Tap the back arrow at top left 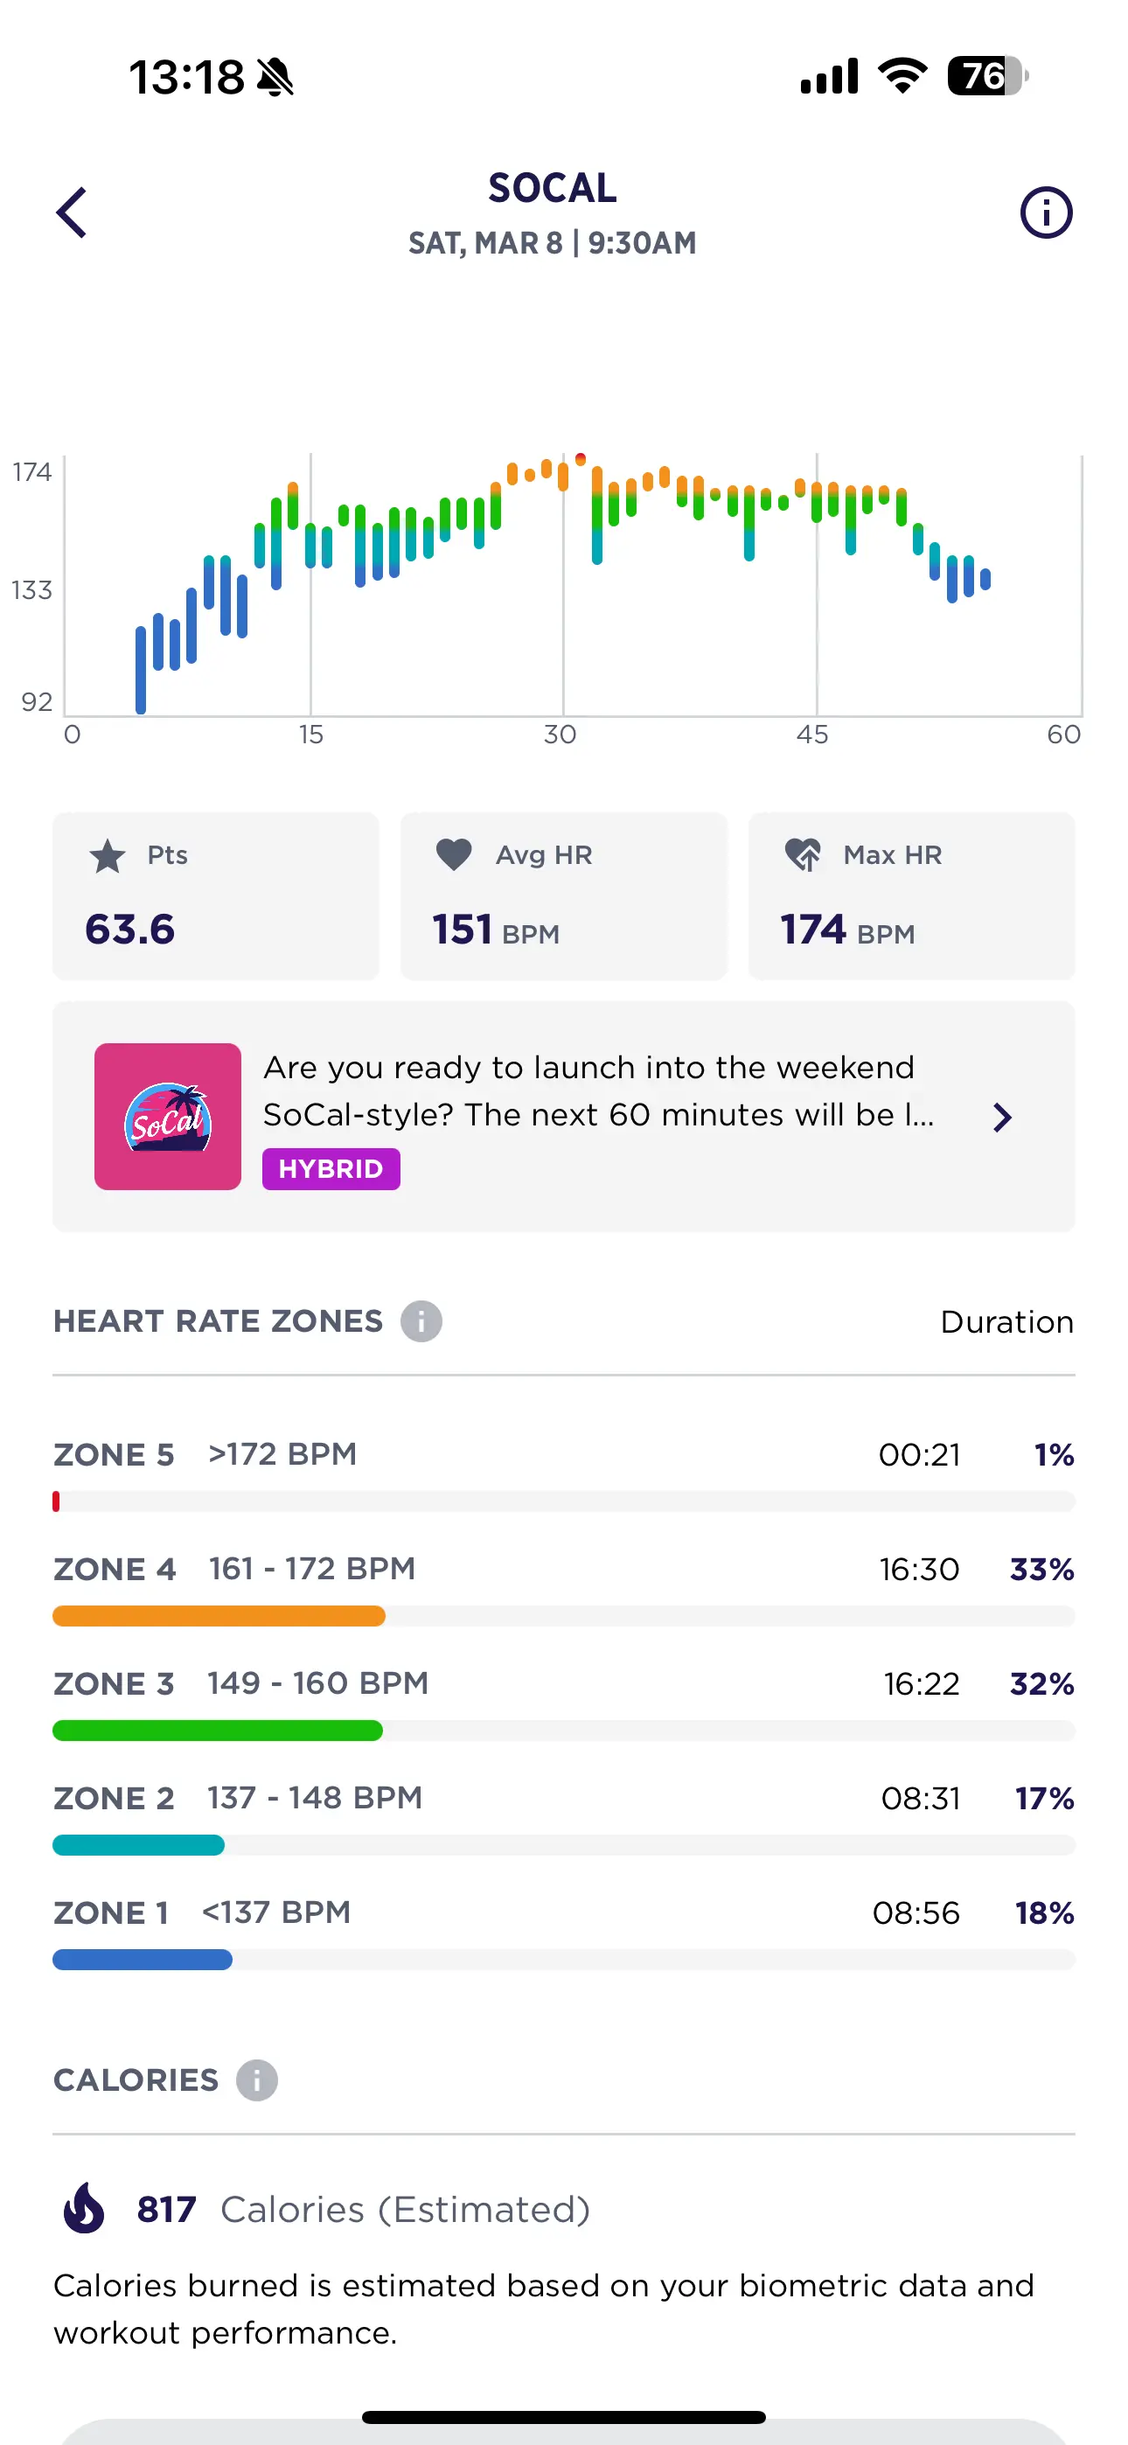pos(73,212)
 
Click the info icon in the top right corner pos(1046,212)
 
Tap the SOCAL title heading pos(553,188)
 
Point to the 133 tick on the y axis pos(32,590)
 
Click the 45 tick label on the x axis pos(811,735)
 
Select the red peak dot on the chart pos(580,459)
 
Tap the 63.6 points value pos(130,930)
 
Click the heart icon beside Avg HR pos(454,854)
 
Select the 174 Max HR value pos(812,930)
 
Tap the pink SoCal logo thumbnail pos(168,1116)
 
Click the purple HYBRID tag pos(331,1168)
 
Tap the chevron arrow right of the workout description pos(1002,1118)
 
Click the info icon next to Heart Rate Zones pos(421,1321)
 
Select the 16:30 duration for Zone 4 pos(918,1569)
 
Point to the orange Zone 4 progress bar pos(219,1615)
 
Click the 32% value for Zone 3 pos(1041,1684)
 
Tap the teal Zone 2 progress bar pos(139,1845)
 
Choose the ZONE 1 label pos(111,1912)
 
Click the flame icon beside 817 pos(85,2209)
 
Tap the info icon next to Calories pos(256,2080)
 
